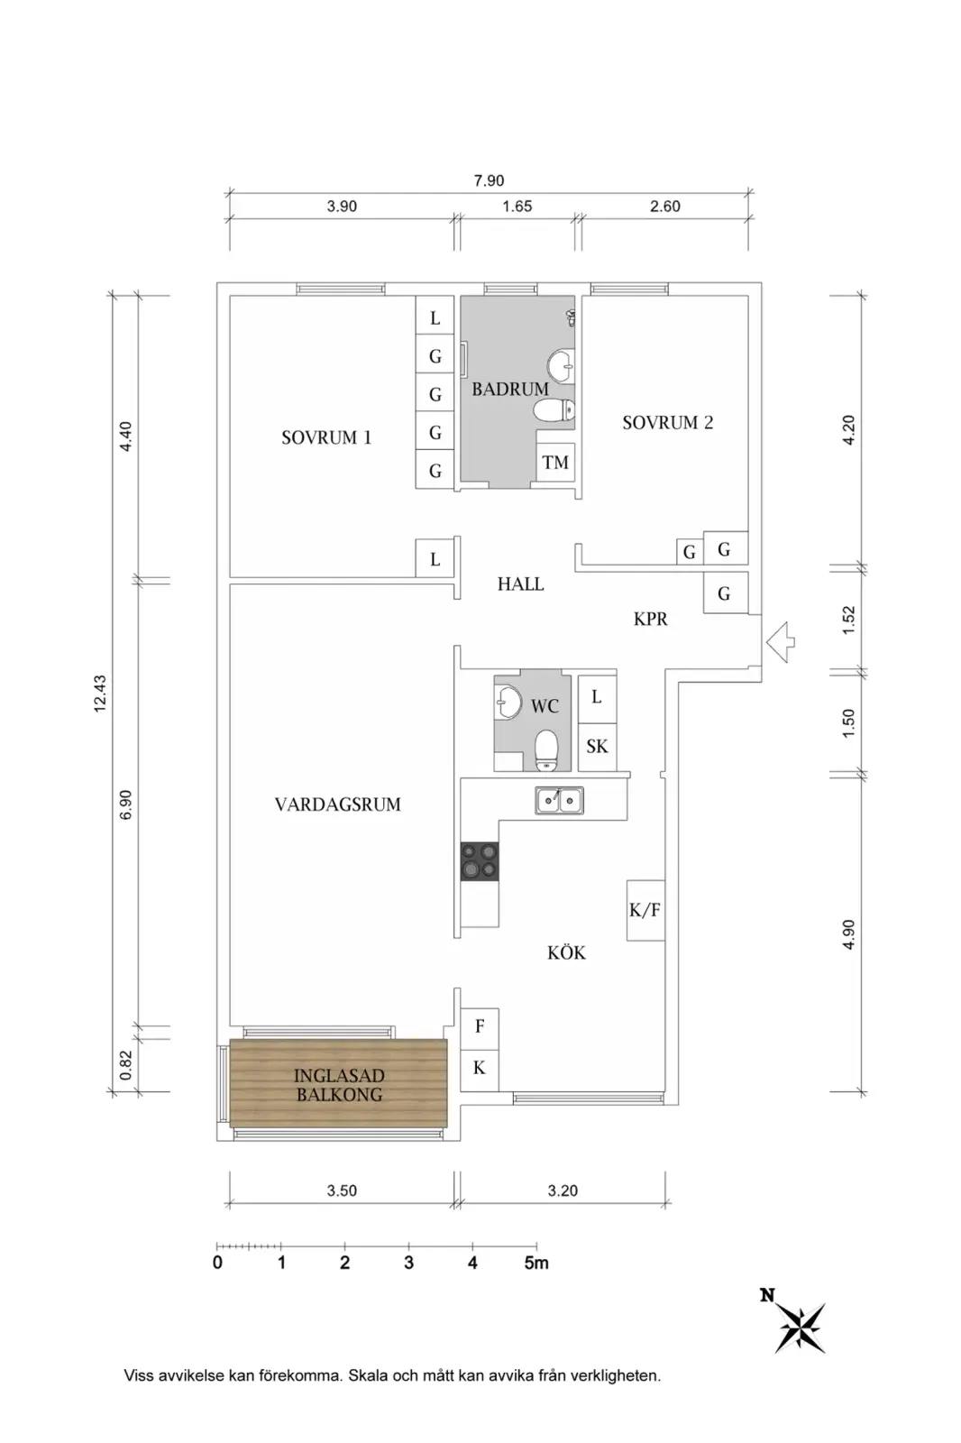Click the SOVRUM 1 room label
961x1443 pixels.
[326, 437]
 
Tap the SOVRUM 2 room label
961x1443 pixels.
[667, 423]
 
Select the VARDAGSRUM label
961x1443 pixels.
[337, 804]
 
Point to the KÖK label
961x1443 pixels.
[566, 952]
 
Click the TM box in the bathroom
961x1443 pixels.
[555, 462]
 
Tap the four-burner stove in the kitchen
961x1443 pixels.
[480, 860]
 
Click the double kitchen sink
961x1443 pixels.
[559, 801]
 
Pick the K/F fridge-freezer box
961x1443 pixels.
[645, 910]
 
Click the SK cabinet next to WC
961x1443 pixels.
[597, 747]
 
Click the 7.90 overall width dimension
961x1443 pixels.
[489, 181]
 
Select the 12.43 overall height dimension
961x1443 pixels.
[100, 694]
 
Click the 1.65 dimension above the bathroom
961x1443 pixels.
[517, 207]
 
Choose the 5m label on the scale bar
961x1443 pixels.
[536, 1262]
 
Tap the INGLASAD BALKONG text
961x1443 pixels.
[339, 1084]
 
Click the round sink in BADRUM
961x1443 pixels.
[561, 365]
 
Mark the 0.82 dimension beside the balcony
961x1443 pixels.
[126, 1065]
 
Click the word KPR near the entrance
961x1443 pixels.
[651, 619]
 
